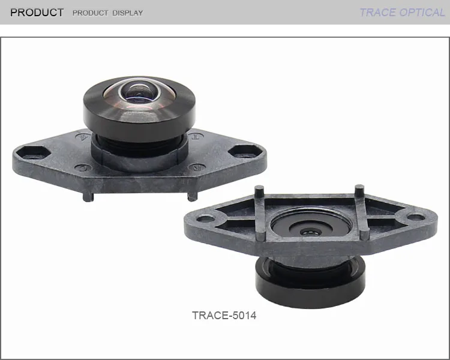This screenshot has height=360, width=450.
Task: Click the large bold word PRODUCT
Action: click(x=37, y=13)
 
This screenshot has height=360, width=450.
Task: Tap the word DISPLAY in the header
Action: click(x=127, y=13)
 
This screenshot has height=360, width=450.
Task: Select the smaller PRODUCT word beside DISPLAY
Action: click(x=90, y=13)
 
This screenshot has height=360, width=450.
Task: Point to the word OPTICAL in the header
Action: click(x=422, y=13)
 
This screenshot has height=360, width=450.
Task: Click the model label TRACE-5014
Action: click(x=224, y=316)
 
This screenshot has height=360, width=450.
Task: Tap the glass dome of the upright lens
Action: click(x=139, y=93)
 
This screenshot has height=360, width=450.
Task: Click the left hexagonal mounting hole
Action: click(x=33, y=152)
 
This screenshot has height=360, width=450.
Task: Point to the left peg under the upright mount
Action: click(x=88, y=197)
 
